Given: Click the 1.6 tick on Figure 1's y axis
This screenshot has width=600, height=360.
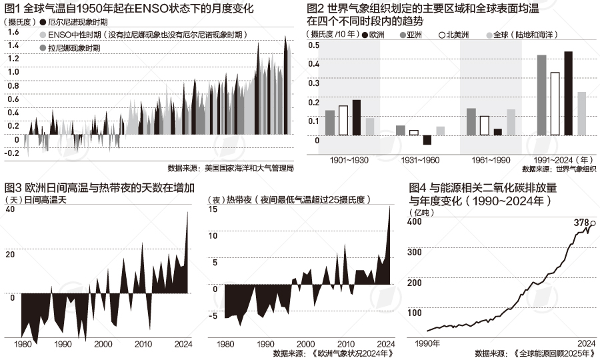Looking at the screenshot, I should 12,33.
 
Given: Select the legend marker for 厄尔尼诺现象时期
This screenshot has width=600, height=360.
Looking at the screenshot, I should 44,21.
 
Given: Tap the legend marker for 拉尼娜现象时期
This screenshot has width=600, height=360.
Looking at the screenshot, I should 44,48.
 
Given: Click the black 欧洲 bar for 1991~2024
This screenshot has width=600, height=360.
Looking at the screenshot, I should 568,93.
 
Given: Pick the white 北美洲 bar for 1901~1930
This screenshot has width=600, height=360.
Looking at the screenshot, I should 343,120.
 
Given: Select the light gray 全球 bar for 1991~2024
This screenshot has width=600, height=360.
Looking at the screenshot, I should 581,113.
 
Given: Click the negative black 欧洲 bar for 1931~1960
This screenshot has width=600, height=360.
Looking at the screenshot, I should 427,139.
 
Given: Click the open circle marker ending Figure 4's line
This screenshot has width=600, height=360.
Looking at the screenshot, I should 593,224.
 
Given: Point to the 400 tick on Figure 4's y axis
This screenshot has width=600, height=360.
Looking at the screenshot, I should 415,222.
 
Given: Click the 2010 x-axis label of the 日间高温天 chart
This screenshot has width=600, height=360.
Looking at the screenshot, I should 142,344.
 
